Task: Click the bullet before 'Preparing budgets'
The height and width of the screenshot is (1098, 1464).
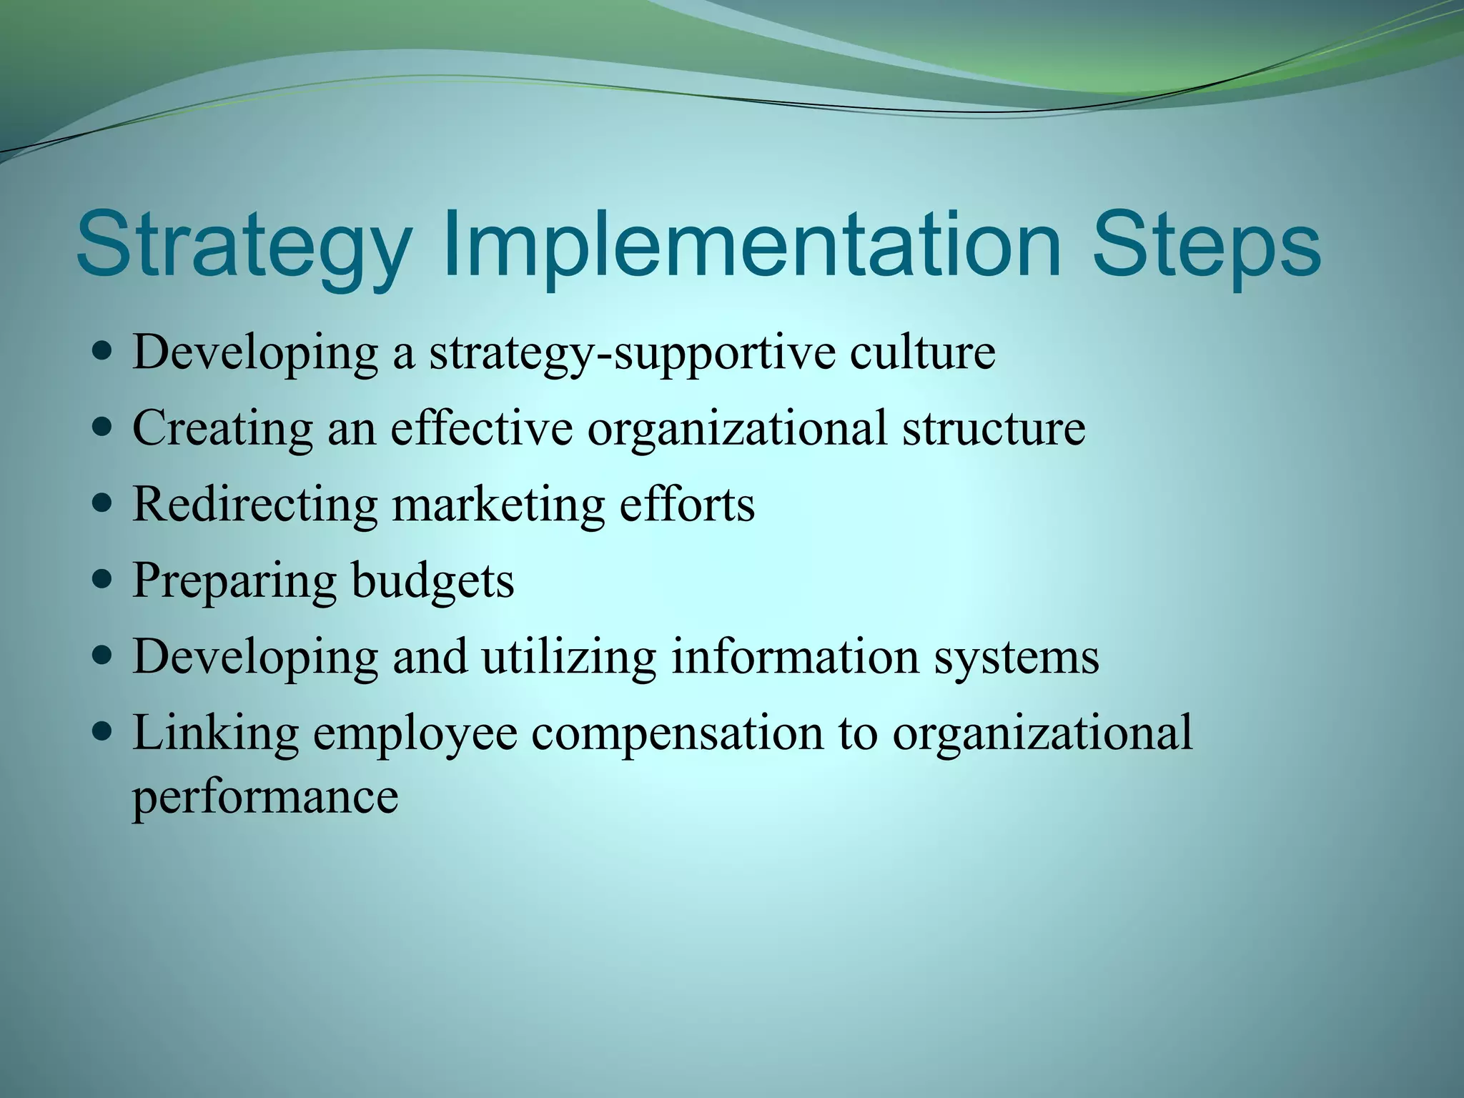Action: tap(103, 579)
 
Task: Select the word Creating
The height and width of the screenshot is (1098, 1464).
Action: tap(222, 429)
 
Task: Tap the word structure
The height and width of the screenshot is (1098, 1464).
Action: tap(993, 429)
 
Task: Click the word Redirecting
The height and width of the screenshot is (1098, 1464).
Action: tap(254, 505)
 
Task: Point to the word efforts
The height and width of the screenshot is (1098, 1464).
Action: tap(686, 505)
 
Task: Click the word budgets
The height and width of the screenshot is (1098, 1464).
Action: tap(432, 580)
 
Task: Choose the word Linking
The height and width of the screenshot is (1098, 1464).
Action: tap(215, 733)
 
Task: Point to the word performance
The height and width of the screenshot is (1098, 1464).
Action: tap(265, 797)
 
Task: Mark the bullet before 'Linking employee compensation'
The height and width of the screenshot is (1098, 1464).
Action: tap(103, 732)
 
